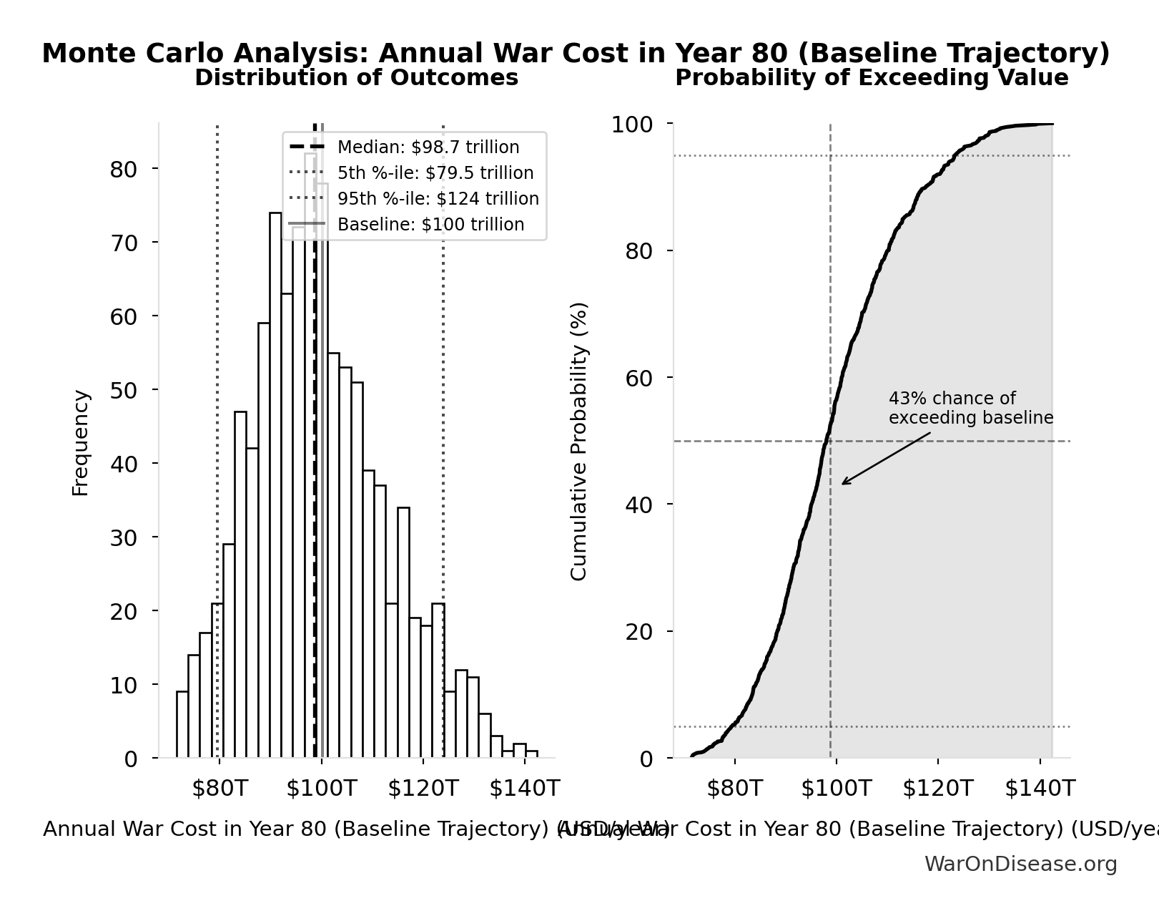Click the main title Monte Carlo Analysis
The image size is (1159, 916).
[x=576, y=54]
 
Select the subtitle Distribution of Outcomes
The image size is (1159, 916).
[x=356, y=78]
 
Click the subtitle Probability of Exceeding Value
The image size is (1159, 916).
[x=872, y=78]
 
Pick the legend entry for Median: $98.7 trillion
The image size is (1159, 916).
[x=428, y=147]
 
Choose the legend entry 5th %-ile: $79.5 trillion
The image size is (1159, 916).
[x=435, y=173]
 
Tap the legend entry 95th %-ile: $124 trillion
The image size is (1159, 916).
[x=438, y=199]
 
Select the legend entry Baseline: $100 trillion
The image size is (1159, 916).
[x=430, y=225]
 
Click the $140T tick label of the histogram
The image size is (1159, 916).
[x=524, y=789]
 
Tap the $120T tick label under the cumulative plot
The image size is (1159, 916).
[x=937, y=789]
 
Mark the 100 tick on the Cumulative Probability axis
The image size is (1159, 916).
[x=631, y=125]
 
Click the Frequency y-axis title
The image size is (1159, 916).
[x=80, y=442]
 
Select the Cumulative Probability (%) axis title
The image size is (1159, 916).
[x=578, y=441]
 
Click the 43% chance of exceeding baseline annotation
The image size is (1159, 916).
[x=970, y=408]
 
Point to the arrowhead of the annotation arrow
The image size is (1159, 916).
[x=844, y=484]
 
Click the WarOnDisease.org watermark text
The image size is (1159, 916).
[x=1020, y=864]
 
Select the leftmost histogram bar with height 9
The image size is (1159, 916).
[x=182, y=724]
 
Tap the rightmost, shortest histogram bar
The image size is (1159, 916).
[x=531, y=754]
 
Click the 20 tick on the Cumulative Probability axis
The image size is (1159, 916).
[x=639, y=632]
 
